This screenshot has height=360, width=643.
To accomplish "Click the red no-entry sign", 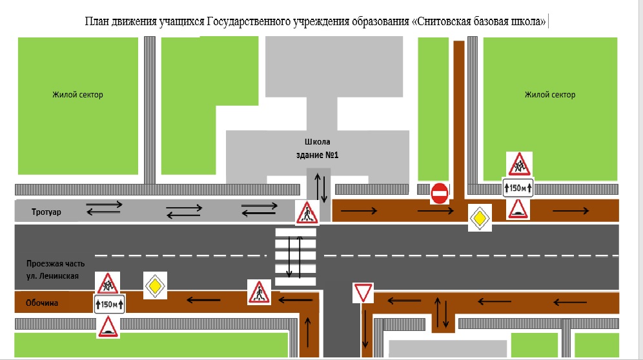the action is pos(439,193).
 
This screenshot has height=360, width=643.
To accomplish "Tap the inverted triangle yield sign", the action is pos(363,293).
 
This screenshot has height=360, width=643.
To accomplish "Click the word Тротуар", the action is pos(46,212).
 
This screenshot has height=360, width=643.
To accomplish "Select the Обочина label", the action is pos(42,303).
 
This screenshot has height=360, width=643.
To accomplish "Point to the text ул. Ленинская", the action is pos(52,276).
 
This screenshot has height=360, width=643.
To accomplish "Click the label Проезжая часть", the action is pos(56,264).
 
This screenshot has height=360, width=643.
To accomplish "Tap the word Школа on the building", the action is pos(318,142).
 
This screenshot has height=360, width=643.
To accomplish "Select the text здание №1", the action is pos(318,155).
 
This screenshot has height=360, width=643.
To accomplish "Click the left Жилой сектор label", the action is pos(77,95).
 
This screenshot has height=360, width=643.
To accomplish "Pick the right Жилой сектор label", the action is pos(550,95).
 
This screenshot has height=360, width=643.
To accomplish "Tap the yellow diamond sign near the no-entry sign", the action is pos(480,219).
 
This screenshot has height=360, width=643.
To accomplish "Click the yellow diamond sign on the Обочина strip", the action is pos(155,285).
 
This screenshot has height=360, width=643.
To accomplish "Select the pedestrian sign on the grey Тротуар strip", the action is pos(307,212).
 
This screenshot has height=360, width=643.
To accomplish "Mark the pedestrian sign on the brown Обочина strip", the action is pos(259,292).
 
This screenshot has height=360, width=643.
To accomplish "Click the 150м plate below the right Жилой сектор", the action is pos(518,188).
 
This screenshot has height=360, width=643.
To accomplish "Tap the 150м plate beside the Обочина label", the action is pos(110,305).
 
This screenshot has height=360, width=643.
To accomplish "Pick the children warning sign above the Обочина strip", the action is pos(107,283).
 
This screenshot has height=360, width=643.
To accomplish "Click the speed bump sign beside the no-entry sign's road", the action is pos(518,208).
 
